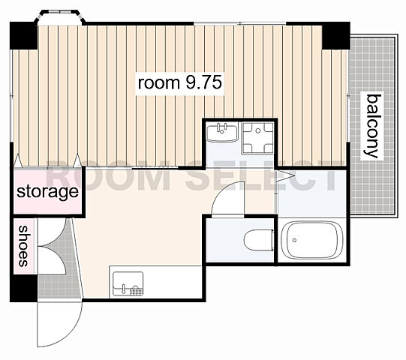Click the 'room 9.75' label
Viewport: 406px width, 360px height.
(179, 82)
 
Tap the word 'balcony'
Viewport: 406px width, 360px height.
(373, 126)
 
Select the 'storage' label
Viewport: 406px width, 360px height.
(47, 192)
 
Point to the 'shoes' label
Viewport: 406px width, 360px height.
(23, 246)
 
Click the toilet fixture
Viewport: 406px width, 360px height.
(259, 240)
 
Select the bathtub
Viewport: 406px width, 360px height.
(312, 240)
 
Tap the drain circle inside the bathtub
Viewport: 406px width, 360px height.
(294, 240)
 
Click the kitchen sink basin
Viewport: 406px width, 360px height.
(128, 283)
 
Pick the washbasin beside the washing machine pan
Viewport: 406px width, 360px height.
(222, 133)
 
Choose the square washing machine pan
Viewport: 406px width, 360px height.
(257, 138)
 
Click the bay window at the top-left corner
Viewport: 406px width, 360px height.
(61, 17)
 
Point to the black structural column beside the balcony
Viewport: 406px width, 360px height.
(335, 36)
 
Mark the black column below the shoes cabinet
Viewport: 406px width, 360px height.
(23, 288)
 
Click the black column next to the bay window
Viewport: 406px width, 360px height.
(23, 36)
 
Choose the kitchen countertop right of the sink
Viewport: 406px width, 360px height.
(173, 282)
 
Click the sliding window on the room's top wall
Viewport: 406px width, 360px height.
(239, 23)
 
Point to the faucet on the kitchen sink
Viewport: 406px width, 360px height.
(123, 288)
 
